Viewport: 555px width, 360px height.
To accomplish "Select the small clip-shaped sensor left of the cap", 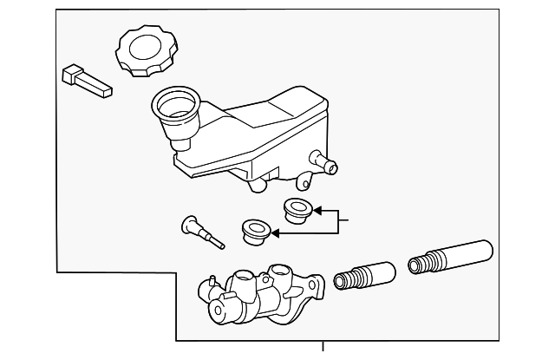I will (84, 80).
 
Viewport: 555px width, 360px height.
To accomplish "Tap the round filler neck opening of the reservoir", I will (176, 105).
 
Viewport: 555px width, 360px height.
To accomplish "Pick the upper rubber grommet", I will (298, 208).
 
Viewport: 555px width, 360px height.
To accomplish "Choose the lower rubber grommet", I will (254, 232).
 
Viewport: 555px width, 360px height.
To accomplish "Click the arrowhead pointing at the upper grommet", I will (317, 209).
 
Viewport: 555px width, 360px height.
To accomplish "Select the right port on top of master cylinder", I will (280, 271).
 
